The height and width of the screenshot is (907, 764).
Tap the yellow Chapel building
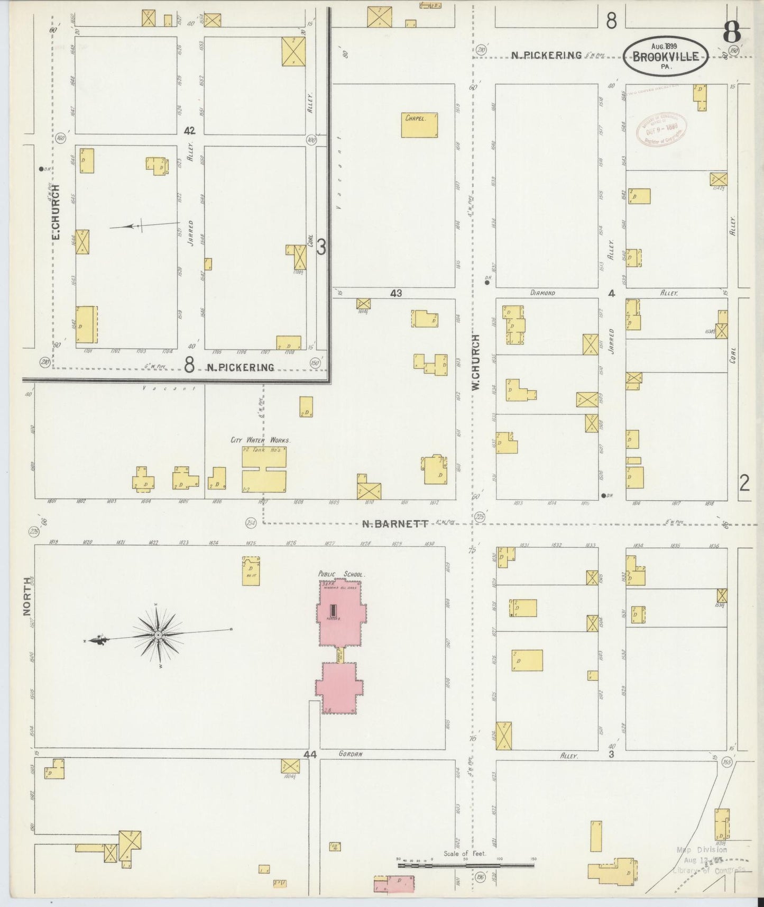point(419,125)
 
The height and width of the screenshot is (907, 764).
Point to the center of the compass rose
point(158,634)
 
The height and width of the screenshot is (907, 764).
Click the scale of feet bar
point(465,866)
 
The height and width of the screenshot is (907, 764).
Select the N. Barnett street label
point(395,524)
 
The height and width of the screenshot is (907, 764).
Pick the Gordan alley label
point(351,754)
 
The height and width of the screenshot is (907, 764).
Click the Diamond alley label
point(542,293)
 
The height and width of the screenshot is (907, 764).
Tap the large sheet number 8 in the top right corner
point(732,33)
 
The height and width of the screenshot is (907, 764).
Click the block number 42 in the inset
point(189,131)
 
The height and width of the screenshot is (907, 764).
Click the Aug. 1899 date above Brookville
point(664,46)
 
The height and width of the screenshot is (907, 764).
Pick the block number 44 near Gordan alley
point(310,755)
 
